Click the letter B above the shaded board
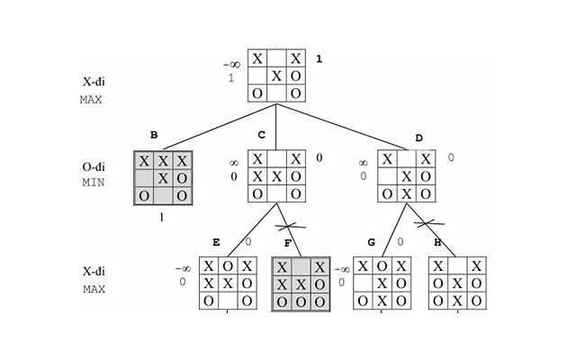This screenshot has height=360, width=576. [x=154, y=136]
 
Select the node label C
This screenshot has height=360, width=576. [x=261, y=136]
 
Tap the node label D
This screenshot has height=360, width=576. [x=418, y=138]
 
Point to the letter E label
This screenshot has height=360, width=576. [x=216, y=242]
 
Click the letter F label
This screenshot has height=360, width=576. [x=287, y=243]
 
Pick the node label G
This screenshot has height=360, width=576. [x=371, y=242]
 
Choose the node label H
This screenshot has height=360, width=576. [x=437, y=242]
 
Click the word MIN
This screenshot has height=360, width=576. [x=94, y=183]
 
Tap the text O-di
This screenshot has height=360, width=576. [x=94, y=167]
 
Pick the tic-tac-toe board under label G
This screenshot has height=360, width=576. [x=382, y=283]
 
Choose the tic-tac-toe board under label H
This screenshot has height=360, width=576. [x=458, y=283]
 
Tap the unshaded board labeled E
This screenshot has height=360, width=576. [x=228, y=283]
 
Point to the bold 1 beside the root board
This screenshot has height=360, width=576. [x=319, y=59]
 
